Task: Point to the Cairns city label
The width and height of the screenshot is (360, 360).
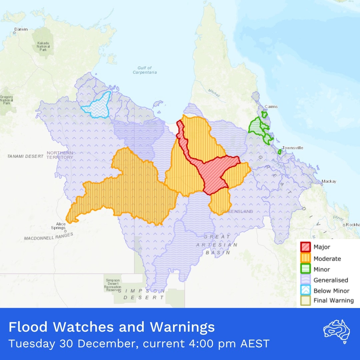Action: click(271, 107)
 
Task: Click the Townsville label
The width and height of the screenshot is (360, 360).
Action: click(292, 148)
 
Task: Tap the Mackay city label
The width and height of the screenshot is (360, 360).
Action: click(329, 182)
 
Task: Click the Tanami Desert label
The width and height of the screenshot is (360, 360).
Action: click(25, 156)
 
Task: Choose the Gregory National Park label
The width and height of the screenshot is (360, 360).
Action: click(6, 100)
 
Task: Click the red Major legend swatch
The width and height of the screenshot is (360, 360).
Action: click(305, 247)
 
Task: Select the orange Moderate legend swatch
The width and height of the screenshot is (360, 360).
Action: click(305, 258)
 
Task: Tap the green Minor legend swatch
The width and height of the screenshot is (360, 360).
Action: click(305, 269)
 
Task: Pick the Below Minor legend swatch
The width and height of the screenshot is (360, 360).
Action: click(305, 291)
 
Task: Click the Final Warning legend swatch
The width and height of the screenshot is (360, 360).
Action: click(305, 300)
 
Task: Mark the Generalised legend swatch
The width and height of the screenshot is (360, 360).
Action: click(305, 280)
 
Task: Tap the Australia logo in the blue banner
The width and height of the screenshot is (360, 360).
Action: click(336, 331)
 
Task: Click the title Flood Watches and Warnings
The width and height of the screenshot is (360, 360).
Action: click(112, 327)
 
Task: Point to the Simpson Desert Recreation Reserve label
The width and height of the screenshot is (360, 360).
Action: click(113, 285)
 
